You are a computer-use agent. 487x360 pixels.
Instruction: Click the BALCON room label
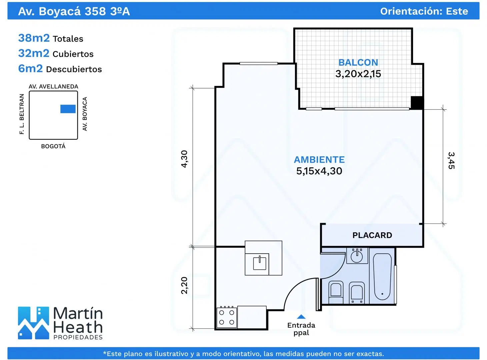[358, 62]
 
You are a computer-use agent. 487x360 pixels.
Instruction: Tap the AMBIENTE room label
[319, 160]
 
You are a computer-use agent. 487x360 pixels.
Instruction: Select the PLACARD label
[372, 235]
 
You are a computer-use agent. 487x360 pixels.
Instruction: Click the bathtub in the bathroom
[382, 277]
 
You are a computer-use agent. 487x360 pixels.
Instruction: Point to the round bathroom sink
[357, 257]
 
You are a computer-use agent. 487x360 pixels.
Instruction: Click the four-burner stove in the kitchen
[227, 317]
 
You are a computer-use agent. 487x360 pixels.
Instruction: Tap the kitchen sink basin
[260, 263]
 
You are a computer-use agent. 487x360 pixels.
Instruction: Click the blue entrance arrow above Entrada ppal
[301, 317]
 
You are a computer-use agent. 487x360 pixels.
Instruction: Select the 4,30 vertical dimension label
[184, 159]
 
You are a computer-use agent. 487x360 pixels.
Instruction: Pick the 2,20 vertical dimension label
[184, 285]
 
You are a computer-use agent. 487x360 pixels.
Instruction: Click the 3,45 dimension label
[451, 160]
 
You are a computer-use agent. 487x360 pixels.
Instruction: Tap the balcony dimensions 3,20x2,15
[358, 74]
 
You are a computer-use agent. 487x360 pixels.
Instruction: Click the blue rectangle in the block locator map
[68, 109]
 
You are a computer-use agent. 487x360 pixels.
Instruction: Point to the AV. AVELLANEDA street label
[53, 87]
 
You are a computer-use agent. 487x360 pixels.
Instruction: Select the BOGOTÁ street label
[53, 146]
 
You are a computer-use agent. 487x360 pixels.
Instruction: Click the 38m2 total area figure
[34, 38]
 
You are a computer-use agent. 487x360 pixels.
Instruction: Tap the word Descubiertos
[74, 69]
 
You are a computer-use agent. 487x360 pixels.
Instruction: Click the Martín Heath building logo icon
[33, 323]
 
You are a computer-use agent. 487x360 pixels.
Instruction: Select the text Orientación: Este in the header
[424, 11]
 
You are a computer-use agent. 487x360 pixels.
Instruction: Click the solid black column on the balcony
[417, 102]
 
